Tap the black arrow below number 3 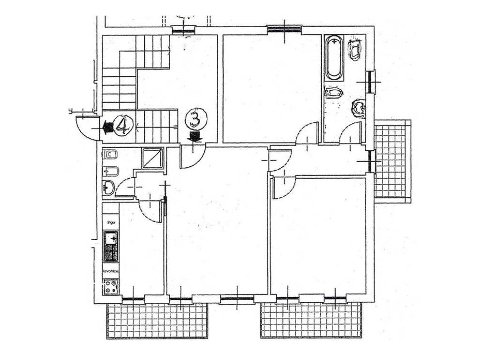point(195,136)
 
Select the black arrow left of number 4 point(107,126)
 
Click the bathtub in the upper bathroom point(334,58)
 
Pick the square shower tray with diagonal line point(152,158)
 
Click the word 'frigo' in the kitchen point(111,221)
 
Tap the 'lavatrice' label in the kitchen point(111,272)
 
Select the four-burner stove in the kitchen point(111,286)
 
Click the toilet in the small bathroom point(111,154)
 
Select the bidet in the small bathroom point(110,171)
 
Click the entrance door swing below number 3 point(193,156)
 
